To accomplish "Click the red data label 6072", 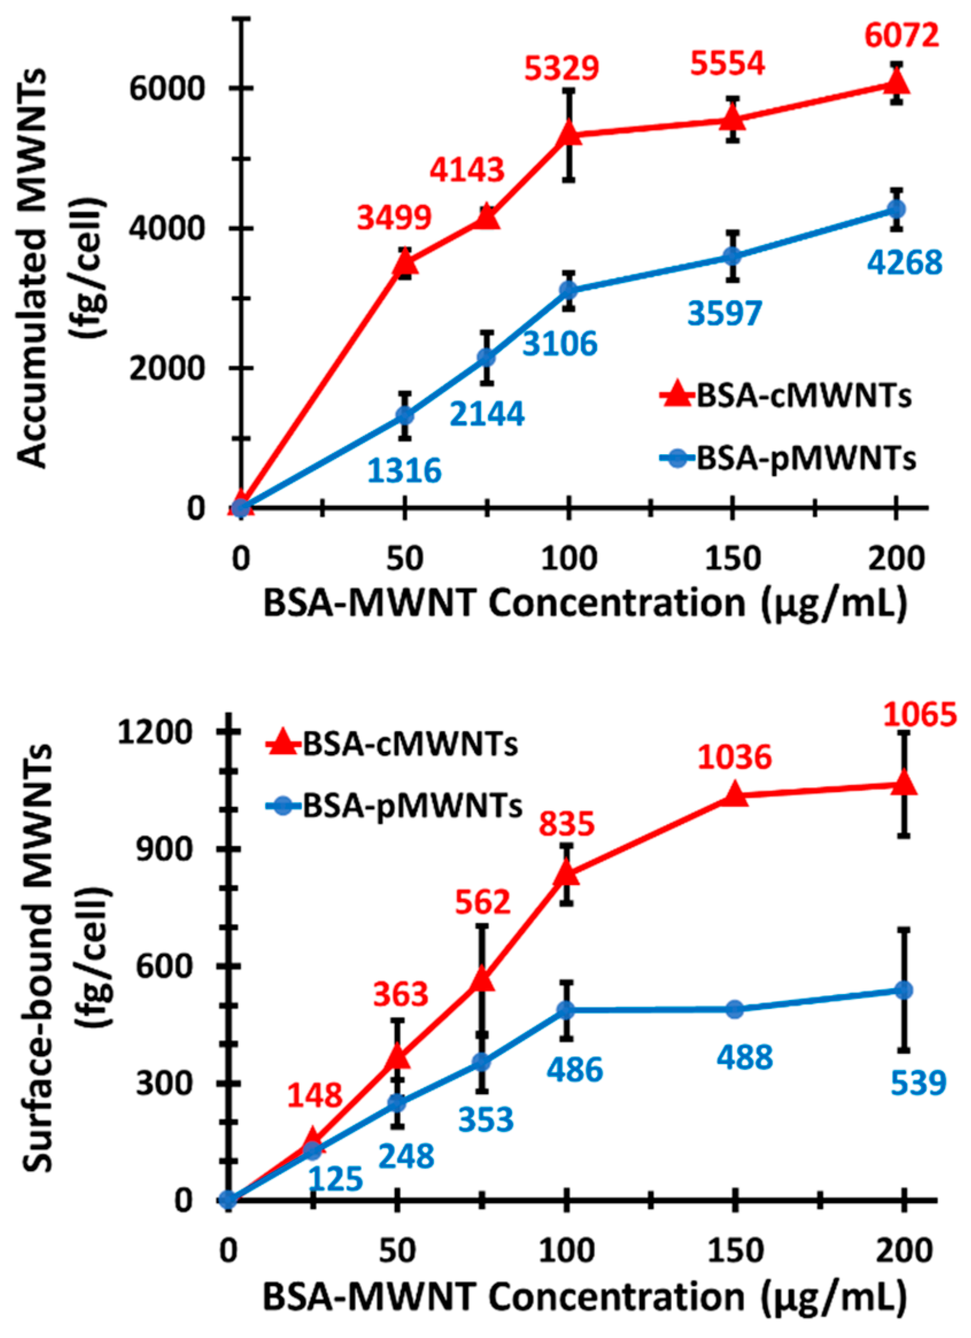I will click(x=902, y=37).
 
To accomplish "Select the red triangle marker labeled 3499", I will click(x=405, y=263).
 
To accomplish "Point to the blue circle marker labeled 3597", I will click(x=732, y=256).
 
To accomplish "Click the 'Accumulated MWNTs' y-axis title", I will click(x=37, y=268).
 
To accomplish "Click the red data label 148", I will click(x=315, y=1095).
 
